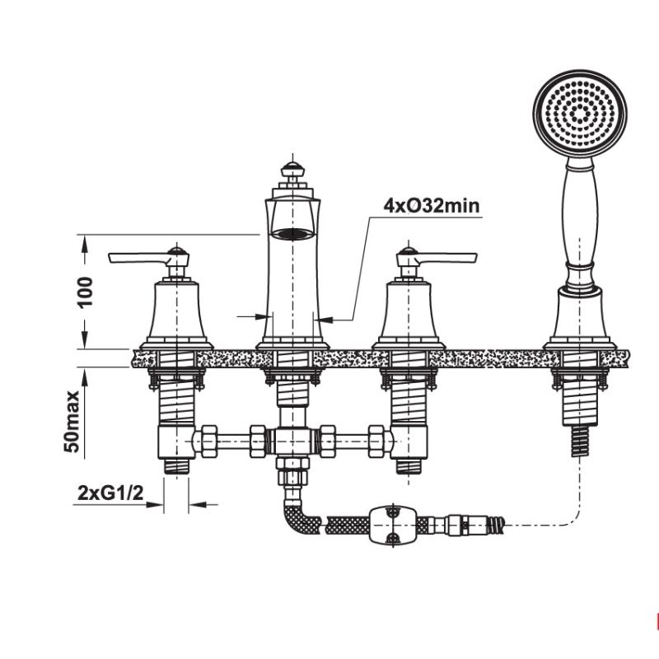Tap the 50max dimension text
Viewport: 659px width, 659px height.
pyautogui.click(x=73, y=421)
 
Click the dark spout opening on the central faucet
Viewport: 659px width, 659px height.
pyautogui.click(x=292, y=233)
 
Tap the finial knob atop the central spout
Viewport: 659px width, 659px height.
pyautogui.click(x=290, y=170)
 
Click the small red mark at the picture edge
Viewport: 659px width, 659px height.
pyautogui.click(x=656, y=619)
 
